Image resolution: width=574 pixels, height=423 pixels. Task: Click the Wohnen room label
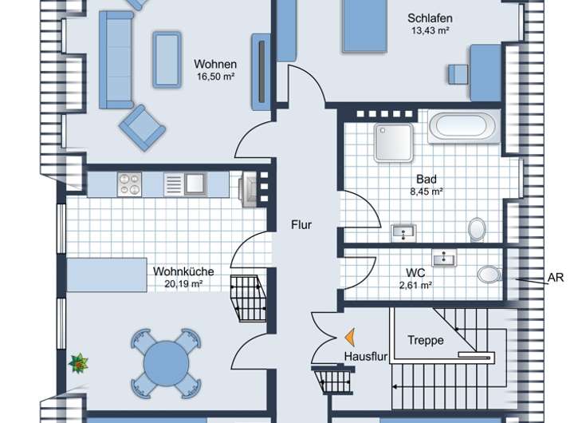point(215,64)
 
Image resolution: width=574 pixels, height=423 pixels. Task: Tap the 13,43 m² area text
point(431,30)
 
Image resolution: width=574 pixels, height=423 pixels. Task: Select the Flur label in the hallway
point(301,225)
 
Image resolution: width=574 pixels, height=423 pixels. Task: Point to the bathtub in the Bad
point(464,126)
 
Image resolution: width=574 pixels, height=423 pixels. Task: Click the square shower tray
point(394,143)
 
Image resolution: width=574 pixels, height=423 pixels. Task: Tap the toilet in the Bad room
point(477,230)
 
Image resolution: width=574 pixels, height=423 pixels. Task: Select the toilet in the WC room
point(489,274)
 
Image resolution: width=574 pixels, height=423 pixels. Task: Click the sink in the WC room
point(444,258)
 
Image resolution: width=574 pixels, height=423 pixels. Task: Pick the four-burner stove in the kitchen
point(129,184)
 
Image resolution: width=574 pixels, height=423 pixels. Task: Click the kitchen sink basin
point(195,184)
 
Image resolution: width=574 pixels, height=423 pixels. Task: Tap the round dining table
point(166,363)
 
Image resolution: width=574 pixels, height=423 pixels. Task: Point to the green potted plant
point(78,363)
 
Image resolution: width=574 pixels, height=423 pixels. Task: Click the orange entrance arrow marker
point(350,338)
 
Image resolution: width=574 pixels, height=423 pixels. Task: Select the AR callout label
point(556,278)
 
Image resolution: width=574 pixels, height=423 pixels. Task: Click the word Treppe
point(426,340)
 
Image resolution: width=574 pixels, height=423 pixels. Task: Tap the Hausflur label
point(366,356)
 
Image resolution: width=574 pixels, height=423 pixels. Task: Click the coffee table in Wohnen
point(167,59)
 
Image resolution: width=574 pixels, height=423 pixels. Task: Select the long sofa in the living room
point(116,60)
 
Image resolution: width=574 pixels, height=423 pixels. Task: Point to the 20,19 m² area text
point(184,283)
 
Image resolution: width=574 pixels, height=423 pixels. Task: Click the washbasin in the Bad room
point(403,233)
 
